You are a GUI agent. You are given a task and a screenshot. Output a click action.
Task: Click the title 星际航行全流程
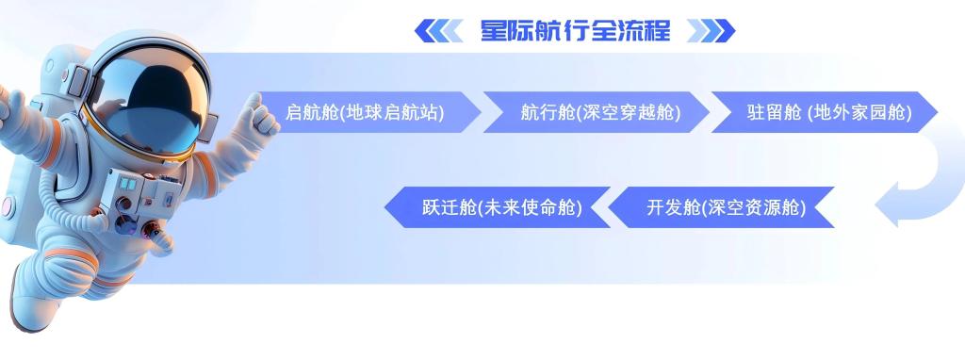pos(575,30)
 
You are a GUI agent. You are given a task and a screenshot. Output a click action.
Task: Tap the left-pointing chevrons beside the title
pos(438,31)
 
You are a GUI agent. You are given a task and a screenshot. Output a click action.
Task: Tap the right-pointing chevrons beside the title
pos(711,31)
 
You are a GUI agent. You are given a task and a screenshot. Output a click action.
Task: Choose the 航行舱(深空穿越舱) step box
pos(597,112)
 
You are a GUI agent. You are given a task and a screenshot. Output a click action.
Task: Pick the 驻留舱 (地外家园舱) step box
pos(825,112)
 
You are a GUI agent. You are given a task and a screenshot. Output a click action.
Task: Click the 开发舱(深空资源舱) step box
pos(721,207)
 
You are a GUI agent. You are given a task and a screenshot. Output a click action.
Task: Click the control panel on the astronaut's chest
pos(139,200)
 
